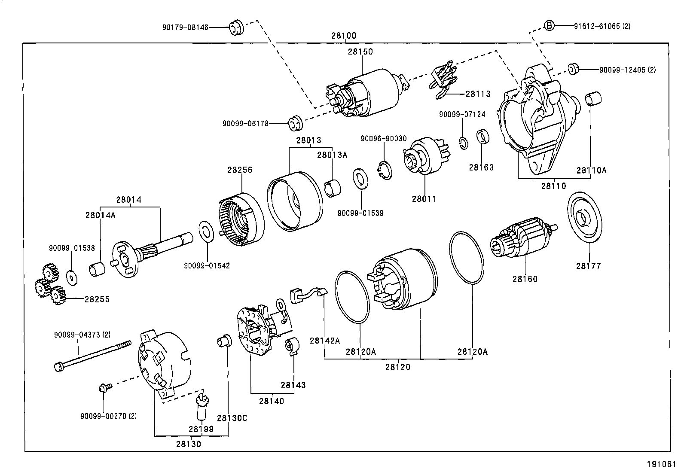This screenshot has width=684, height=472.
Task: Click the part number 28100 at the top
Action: pyautogui.click(x=343, y=36)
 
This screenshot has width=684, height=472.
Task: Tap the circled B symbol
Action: pyautogui.click(x=549, y=26)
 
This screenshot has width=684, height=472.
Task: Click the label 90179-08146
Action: pyautogui.click(x=185, y=27)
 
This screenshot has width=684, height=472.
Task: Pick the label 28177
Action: pyautogui.click(x=588, y=266)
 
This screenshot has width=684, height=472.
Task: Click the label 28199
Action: pyautogui.click(x=201, y=429)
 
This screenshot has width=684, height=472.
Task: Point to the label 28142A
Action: pyautogui.click(x=324, y=341)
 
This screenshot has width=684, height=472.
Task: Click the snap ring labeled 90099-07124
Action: pyautogui.click(x=463, y=143)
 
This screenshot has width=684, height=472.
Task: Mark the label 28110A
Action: pyautogui.click(x=591, y=171)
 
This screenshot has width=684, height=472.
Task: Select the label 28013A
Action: pyautogui.click(x=332, y=155)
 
